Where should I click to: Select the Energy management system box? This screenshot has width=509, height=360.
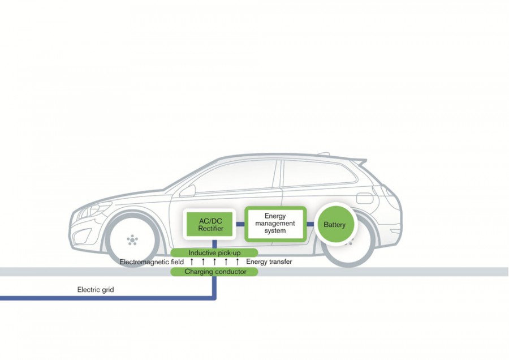tap(275, 224)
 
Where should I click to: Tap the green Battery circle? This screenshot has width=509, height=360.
tap(334, 225)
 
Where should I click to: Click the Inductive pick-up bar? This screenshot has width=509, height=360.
tap(214, 252)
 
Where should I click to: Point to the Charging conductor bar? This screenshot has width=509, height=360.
tap(215, 272)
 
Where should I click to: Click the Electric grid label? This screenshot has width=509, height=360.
tap(96, 290)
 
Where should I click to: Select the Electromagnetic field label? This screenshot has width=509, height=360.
tap(152, 262)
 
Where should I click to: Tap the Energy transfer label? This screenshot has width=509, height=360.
tap(269, 262)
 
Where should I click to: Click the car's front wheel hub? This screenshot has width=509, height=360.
tap(132, 239)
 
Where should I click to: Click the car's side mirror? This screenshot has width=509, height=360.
tap(191, 188)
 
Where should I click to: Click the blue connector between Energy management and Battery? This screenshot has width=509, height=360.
tap(310, 224)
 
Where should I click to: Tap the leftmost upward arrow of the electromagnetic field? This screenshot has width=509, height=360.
tap(192, 262)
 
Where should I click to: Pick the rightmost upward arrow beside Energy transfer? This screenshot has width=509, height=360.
tap(238, 262)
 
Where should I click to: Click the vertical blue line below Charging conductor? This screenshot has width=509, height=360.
tap(214, 285)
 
